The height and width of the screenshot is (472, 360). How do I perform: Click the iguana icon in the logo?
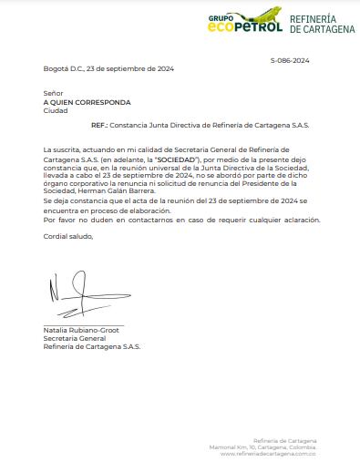[263, 17]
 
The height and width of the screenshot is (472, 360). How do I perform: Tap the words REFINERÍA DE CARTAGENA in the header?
[323, 24]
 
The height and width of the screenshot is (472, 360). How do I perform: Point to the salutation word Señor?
[53, 94]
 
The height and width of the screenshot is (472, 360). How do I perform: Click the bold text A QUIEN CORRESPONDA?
[87, 102]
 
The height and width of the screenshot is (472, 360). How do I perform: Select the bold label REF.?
[99, 124]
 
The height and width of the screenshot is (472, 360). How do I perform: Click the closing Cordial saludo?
[68, 236]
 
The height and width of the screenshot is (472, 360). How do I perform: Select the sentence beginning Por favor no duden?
[181, 221]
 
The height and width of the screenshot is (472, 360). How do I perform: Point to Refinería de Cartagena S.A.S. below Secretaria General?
[92, 346]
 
